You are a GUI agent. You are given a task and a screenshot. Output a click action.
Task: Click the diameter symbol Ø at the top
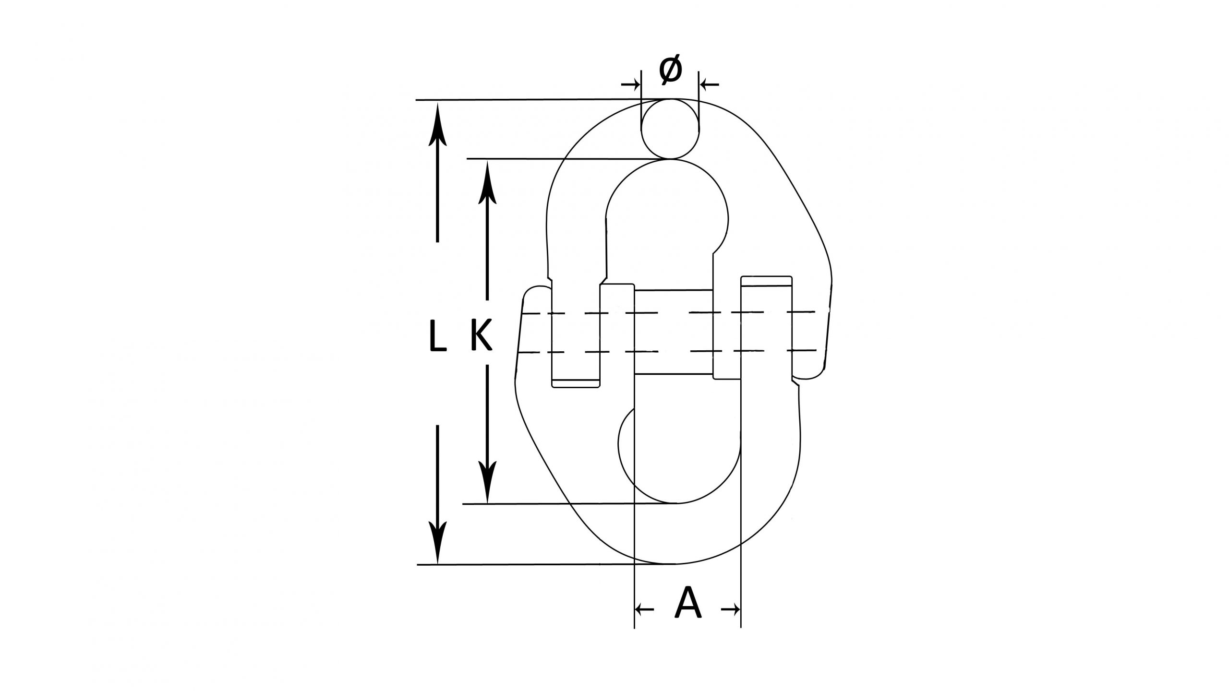(x=670, y=70)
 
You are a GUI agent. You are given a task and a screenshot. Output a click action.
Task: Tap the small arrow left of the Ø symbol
(x=631, y=85)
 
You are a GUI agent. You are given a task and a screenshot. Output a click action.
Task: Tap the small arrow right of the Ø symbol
(x=710, y=85)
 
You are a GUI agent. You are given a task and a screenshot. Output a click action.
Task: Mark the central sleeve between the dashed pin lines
(x=674, y=332)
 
